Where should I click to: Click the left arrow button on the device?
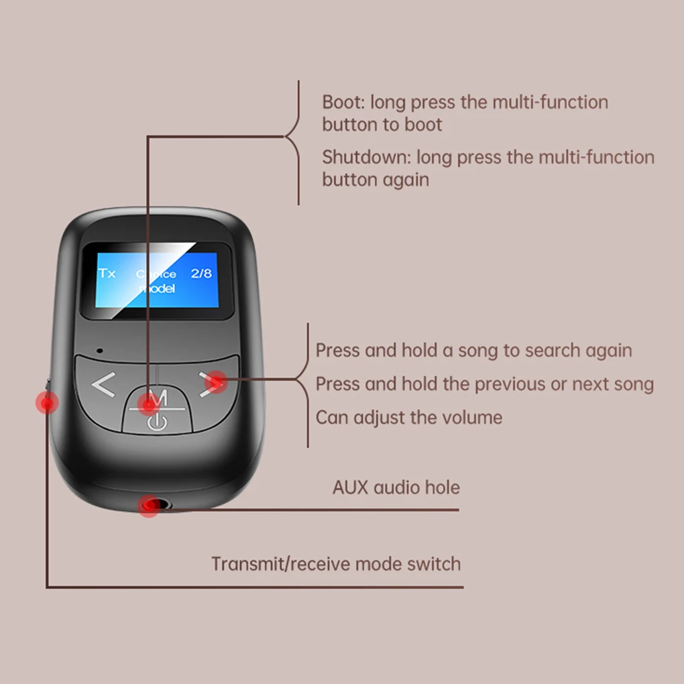[103, 386]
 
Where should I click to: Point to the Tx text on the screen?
[107, 273]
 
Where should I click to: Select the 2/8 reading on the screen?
[201, 273]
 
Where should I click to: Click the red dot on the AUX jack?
[148, 506]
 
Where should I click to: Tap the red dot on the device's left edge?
[47, 403]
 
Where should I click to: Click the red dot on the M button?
[148, 404]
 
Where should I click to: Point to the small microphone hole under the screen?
[99, 350]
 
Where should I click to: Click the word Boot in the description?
[342, 103]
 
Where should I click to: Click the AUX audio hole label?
[396, 488]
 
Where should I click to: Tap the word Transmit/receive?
[281, 564]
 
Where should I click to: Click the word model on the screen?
[157, 288]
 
